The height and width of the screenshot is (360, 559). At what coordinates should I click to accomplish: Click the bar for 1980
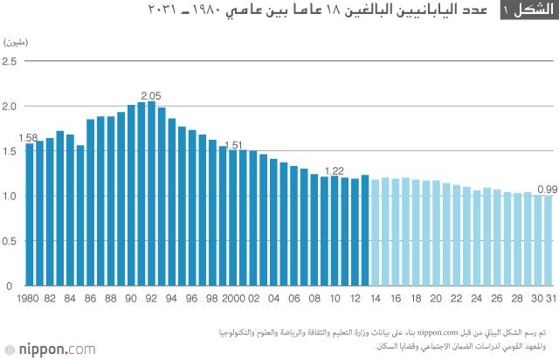(30, 214)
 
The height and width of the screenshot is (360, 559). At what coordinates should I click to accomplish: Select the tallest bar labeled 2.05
(151, 193)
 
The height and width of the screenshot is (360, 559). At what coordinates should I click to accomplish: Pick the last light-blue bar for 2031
(549, 240)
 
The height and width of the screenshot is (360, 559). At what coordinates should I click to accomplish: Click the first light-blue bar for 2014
(376, 232)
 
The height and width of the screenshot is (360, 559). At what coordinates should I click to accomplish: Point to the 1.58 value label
(27, 138)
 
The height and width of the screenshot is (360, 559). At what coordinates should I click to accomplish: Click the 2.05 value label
(151, 96)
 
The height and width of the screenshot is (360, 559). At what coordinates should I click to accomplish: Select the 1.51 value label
(233, 145)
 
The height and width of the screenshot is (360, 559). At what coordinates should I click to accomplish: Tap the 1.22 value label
(334, 170)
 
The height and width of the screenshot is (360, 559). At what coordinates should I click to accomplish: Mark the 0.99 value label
(548, 189)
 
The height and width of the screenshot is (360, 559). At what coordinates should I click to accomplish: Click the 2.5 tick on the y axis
(10, 61)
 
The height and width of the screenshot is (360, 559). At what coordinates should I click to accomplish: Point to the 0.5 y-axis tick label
(10, 241)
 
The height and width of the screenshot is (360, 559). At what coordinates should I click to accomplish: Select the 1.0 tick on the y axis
(10, 196)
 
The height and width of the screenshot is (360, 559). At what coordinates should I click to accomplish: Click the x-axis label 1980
(30, 298)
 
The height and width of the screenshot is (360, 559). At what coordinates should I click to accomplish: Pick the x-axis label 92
(151, 298)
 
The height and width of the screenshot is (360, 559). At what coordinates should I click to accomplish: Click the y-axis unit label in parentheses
(18, 43)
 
